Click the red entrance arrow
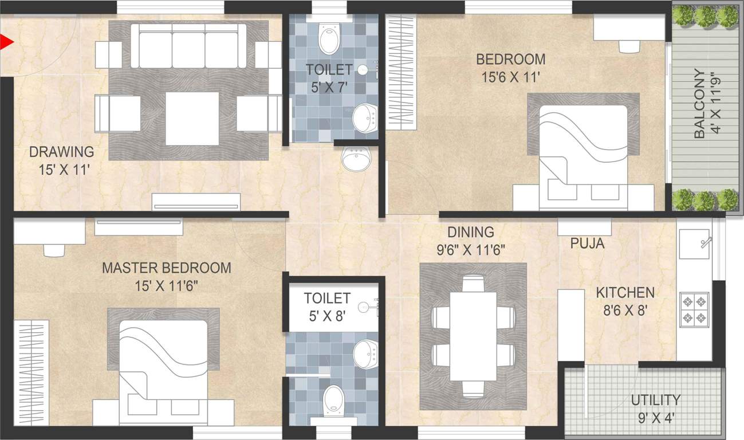(6, 42)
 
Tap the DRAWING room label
(61, 152)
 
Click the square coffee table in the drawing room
(192, 118)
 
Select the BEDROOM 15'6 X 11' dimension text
(510, 77)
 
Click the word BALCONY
(699, 104)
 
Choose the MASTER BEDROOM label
(166, 268)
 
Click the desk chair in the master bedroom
(54, 250)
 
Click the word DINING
(470, 232)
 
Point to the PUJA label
(587, 243)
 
